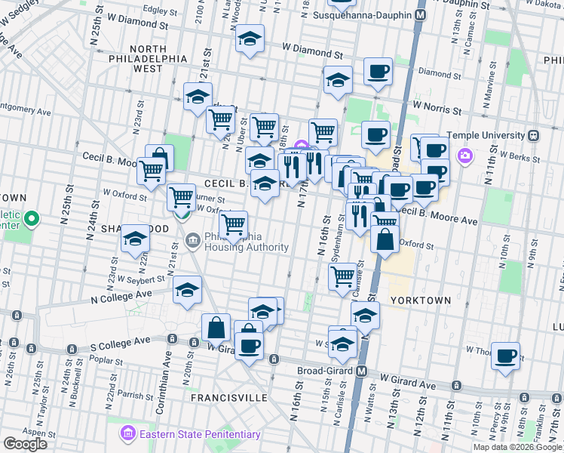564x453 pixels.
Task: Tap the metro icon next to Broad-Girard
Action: [362, 371]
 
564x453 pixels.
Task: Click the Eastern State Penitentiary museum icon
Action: [126, 434]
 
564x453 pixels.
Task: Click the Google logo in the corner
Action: [25, 444]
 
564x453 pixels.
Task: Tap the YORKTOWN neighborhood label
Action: [421, 300]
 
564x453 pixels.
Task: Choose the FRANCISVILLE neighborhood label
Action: [228, 396]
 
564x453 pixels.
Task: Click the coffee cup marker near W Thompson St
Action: [506, 354]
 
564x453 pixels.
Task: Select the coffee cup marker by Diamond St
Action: [378, 72]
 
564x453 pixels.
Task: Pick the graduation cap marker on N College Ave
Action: [187, 290]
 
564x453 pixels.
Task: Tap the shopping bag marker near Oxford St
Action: [385, 241]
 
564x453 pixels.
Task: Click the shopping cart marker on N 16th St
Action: [343, 277]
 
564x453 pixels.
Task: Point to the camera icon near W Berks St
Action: [465, 156]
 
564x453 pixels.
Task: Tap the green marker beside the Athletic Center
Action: [31, 220]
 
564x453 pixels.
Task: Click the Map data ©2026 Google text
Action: [516, 447]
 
